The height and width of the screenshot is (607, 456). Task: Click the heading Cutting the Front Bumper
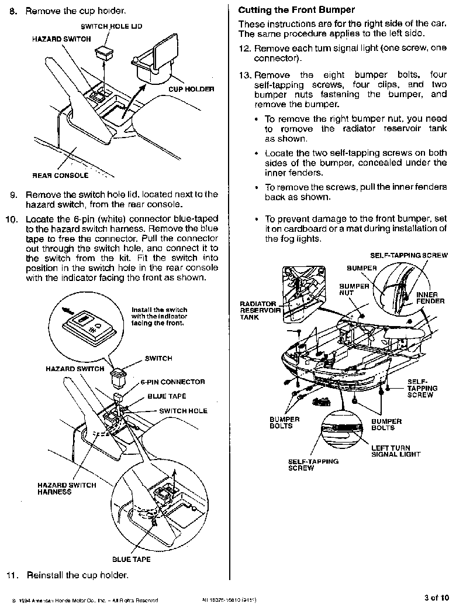coord(296,10)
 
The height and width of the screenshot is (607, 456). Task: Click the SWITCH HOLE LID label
coord(111,26)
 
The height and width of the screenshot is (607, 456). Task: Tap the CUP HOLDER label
coord(191,89)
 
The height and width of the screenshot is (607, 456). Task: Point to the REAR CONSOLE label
coord(60,175)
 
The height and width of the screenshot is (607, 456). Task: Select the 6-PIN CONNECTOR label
coord(172,382)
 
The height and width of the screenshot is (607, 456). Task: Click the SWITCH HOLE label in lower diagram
coord(183,411)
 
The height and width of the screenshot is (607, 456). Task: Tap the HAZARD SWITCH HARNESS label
coord(58,489)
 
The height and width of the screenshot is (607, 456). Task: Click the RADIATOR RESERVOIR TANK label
coord(260,310)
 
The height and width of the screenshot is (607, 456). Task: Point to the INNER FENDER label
coord(430,298)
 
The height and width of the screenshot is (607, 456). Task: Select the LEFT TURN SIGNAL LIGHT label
coord(396,451)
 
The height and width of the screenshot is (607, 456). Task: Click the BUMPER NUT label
coord(354,290)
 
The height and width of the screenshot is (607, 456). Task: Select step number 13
coord(244,76)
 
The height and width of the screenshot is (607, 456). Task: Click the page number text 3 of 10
coord(436,598)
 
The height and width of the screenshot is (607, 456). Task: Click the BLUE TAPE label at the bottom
coord(132,559)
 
